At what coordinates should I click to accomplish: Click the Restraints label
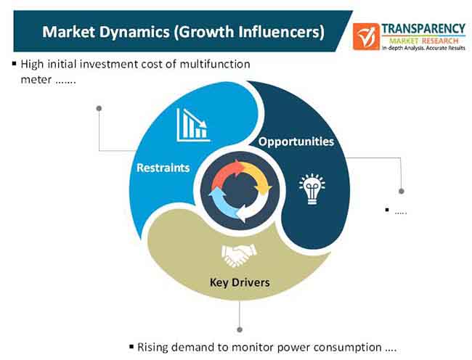(x=163, y=168)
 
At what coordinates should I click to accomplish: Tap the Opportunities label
(x=296, y=142)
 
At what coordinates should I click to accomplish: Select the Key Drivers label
(x=240, y=282)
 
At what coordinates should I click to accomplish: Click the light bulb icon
(x=312, y=189)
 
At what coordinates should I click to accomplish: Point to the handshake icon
(x=239, y=255)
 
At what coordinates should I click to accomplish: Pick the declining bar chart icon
(x=193, y=125)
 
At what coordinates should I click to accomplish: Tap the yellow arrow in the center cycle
(x=257, y=178)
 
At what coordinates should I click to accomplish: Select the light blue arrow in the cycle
(x=221, y=203)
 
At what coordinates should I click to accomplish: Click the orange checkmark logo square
(x=366, y=36)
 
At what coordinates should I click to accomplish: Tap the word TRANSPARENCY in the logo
(x=423, y=29)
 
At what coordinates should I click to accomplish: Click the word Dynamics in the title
(x=134, y=32)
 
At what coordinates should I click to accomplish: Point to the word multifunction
(x=215, y=65)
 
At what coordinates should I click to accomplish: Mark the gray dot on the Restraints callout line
(x=99, y=108)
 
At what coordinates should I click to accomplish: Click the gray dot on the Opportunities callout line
(x=402, y=192)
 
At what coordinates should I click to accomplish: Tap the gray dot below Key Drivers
(x=240, y=330)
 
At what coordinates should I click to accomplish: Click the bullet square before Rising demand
(x=131, y=346)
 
